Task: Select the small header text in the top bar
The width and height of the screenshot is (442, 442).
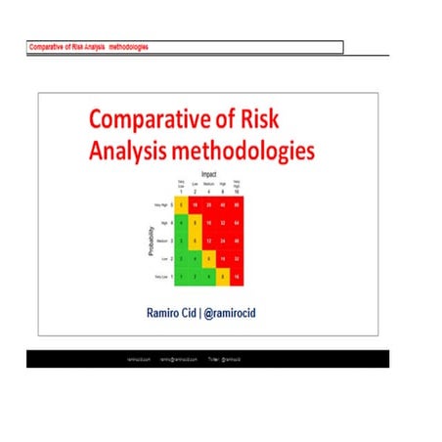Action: tap(88, 47)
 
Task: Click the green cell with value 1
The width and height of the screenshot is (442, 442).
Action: tap(182, 278)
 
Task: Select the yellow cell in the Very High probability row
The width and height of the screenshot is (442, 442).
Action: tap(182, 205)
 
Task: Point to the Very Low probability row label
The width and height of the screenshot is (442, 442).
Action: tap(160, 278)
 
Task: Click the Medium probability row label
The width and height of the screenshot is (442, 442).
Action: tap(160, 241)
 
